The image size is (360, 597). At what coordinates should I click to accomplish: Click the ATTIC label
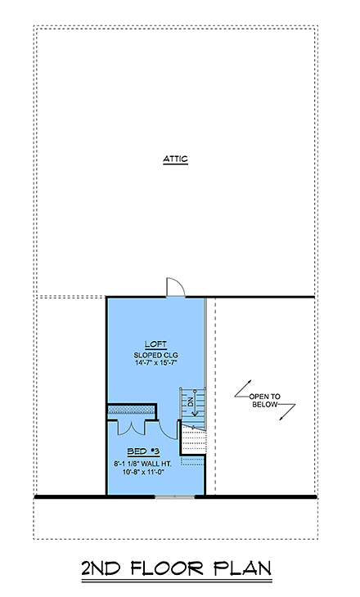click(x=175, y=159)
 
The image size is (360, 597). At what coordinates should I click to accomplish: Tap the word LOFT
click(x=156, y=345)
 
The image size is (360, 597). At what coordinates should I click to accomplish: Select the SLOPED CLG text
click(x=156, y=356)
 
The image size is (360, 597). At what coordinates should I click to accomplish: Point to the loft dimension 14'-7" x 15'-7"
click(x=156, y=366)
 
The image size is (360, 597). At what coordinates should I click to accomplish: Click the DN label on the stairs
click(x=190, y=402)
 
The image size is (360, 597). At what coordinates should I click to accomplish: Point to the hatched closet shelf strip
click(x=132, y=406)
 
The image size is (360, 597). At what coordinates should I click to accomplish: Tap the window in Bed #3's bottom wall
click(x=174, y=496)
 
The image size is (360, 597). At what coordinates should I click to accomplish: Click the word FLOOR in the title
click(x=177, y=569)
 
